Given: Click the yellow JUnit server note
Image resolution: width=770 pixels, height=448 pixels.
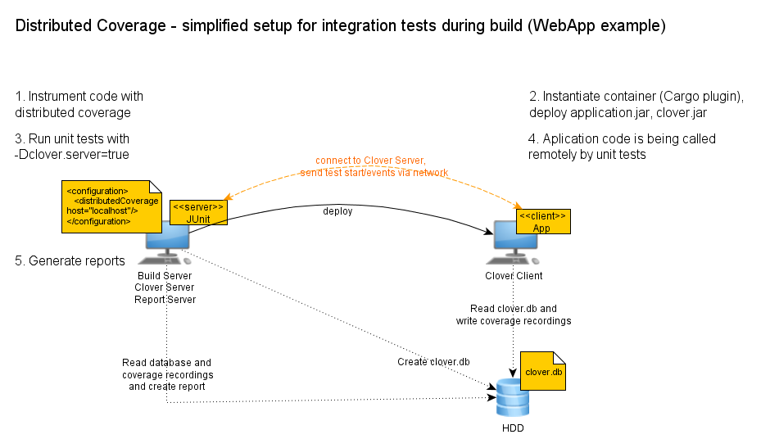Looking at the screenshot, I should coord(197,213).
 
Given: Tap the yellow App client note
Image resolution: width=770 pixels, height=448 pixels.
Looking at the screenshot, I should coord(542,221).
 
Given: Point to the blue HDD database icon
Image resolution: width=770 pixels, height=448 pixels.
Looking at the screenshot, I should coord(513,399).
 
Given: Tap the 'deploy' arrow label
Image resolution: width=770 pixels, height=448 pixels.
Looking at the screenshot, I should coord(337,211).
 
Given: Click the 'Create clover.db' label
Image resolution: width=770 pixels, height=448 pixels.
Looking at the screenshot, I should coord(433,362).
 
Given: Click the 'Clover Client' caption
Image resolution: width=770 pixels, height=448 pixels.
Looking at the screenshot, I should coord(514,276).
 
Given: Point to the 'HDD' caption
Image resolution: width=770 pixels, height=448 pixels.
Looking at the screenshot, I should coord(513,428).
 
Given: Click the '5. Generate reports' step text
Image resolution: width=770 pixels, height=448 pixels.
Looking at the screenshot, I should coord(70,261).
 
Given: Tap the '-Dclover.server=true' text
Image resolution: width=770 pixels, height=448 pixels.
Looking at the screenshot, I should coord(72,154).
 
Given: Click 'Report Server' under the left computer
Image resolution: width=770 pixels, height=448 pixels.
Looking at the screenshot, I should coord(165,299).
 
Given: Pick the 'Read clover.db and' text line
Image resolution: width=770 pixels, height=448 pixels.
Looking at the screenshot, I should coord(514,309).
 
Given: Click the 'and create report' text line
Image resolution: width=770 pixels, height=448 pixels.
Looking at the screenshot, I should coord(167,386).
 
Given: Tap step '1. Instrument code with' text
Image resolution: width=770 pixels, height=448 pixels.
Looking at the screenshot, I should coord(79,97).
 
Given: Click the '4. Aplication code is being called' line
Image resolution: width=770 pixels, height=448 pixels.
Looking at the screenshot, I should coord(622,138).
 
